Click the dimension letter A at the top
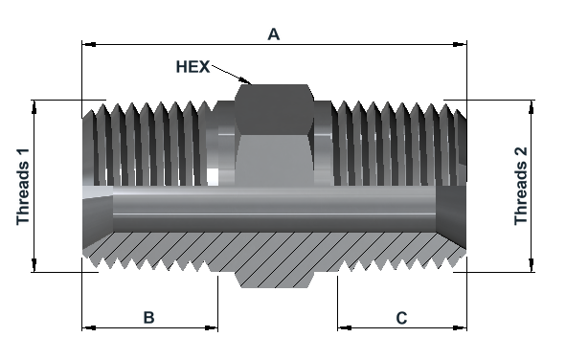pos(274,34)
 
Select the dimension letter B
pos(148,318)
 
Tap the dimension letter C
pos(401,318)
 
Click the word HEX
pos(192,67)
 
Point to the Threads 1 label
pos(23,187)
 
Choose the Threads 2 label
pos(521,186)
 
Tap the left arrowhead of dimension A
pos(89,44)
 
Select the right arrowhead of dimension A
pos(460,44)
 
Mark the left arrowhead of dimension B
pos(89,327)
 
